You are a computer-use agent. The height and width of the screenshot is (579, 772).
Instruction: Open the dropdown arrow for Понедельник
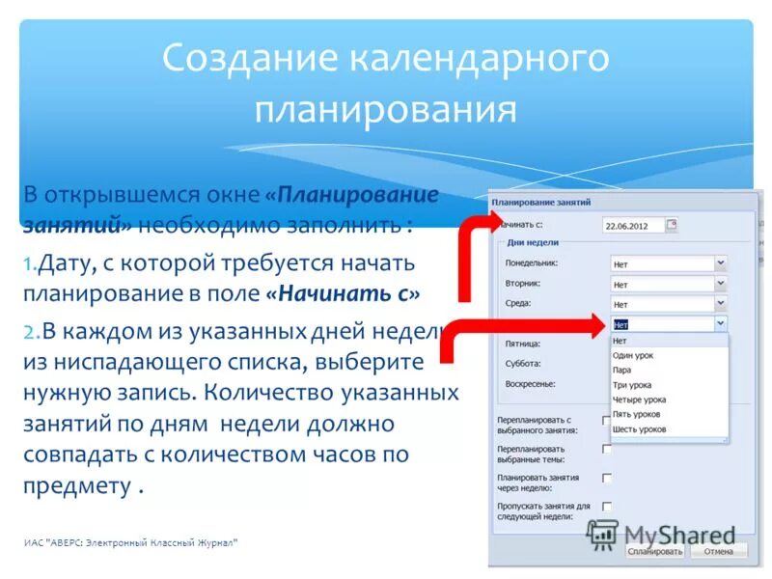click(720, 262)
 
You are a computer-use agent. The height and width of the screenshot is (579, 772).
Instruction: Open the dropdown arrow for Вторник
click(720, 284)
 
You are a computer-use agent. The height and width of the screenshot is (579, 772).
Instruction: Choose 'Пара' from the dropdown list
click(621, 370)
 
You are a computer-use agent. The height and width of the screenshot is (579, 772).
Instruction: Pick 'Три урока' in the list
click(632, 384)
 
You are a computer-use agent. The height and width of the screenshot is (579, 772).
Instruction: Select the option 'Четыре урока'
click(639, 400)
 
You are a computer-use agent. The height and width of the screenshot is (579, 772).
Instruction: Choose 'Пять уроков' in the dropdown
click(637, 414)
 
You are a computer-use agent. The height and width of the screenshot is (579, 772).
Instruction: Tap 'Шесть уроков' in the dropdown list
click(639, 428)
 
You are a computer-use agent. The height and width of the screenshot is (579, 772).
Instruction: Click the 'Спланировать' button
click(655, 551)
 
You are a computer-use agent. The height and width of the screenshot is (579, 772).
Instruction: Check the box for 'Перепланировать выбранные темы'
click(607, 449)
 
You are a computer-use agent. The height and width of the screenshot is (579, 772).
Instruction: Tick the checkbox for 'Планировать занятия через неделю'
click(607, 478)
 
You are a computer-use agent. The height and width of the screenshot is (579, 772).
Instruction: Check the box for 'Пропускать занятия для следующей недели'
click(607, 506)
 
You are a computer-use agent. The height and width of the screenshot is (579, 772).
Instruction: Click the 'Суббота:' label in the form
click(522, 364)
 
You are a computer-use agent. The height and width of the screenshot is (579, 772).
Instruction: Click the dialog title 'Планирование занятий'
click(540, 202)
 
